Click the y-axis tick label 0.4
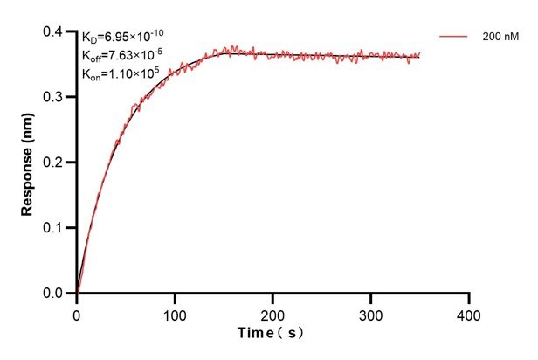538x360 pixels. tap(54, 32)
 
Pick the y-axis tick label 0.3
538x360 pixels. tap(54, 98)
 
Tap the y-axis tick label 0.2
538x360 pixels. tap(54, 163)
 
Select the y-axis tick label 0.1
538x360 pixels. tap(54, 228)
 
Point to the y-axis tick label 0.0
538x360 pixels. tap(54, 294)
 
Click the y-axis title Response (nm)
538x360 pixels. tap(28, 163)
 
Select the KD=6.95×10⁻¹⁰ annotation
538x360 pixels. tap(122, 37)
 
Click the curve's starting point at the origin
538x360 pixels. tap(77, 293)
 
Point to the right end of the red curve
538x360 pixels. tap(420, 54)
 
